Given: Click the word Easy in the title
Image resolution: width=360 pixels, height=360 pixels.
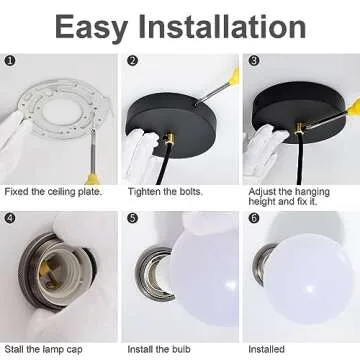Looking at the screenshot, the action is [x=91, y=28].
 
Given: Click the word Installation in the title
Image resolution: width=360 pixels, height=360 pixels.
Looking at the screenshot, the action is [x=222, y=26].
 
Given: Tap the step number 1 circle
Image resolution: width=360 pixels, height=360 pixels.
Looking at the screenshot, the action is [x=10, y=61].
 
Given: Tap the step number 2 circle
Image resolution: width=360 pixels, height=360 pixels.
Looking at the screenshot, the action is [x=133, y=61].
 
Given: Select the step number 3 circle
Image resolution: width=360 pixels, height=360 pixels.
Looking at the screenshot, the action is [x=254, y=61].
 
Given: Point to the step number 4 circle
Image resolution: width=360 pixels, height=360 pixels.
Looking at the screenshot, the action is [x=10, y=218].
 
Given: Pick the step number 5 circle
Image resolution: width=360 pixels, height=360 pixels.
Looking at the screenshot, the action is [x=133, y=218].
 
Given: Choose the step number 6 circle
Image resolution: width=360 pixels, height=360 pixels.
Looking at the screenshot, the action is [x=254, y=218].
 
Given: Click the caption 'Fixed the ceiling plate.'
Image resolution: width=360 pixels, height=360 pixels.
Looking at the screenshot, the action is [x=53, y=192].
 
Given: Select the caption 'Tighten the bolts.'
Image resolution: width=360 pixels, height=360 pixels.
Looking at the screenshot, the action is [x=165, y=192].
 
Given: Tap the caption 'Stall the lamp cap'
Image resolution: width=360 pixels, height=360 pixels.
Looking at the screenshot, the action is [x=43, y=350].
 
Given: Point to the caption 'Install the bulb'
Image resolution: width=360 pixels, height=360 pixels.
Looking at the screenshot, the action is [x=159, y=349].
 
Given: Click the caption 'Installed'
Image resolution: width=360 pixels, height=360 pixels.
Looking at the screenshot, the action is [x=267, y=349].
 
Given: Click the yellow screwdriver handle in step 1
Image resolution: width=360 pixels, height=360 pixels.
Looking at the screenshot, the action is [x=92, y=179].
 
